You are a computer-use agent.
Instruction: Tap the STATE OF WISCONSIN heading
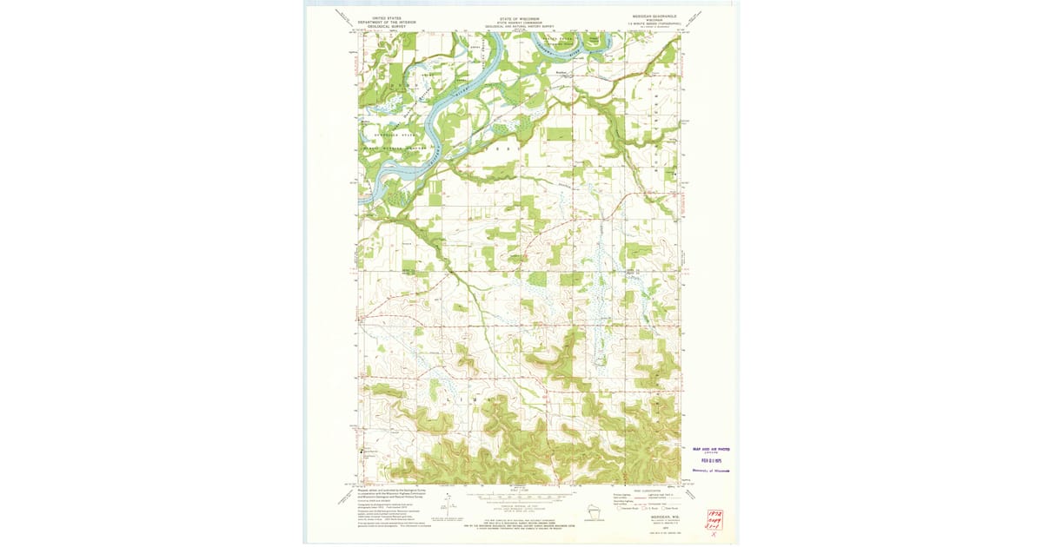(521, 17)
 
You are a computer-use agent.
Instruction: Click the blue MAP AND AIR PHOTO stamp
(711, 449)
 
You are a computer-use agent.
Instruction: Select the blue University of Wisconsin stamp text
(711, 471)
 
